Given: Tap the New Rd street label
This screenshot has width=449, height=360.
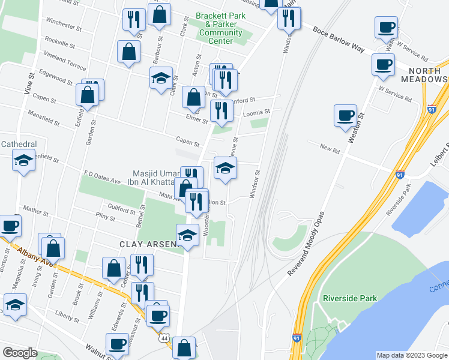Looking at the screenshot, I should pyautogui.click(x=330, y=148).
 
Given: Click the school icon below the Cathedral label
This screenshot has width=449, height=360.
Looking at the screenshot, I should pyautogui.click(x=23, y=160).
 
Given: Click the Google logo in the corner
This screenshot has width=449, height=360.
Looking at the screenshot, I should pyautogui.click(x=19, y=353).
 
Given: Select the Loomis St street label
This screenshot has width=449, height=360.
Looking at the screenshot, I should pyautogui.click(x=256, y=112).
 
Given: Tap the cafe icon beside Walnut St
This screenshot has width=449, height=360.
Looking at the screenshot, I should pyautogui.click(x=116, y=344).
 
